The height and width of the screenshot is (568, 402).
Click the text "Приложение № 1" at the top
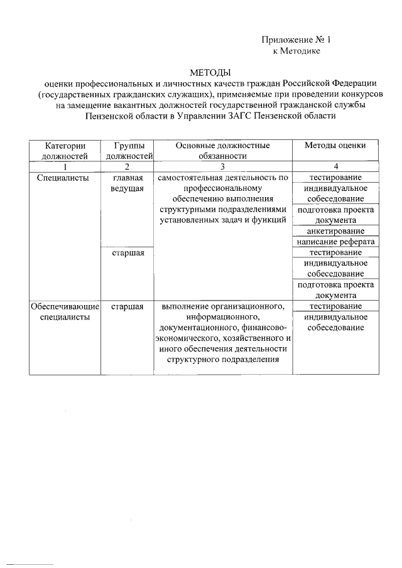coord(295,40)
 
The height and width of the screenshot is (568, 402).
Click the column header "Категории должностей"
coord(61,150)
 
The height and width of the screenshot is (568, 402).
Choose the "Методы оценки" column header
coord(335,145)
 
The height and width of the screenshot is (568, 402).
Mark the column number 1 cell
coord(61,166)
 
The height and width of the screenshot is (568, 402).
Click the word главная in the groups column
coord(128,178)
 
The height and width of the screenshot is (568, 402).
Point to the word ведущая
coord(128,188)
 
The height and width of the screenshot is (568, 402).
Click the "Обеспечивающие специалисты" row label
coord(61,311)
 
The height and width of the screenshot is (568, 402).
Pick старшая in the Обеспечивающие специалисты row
coord(128,306)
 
